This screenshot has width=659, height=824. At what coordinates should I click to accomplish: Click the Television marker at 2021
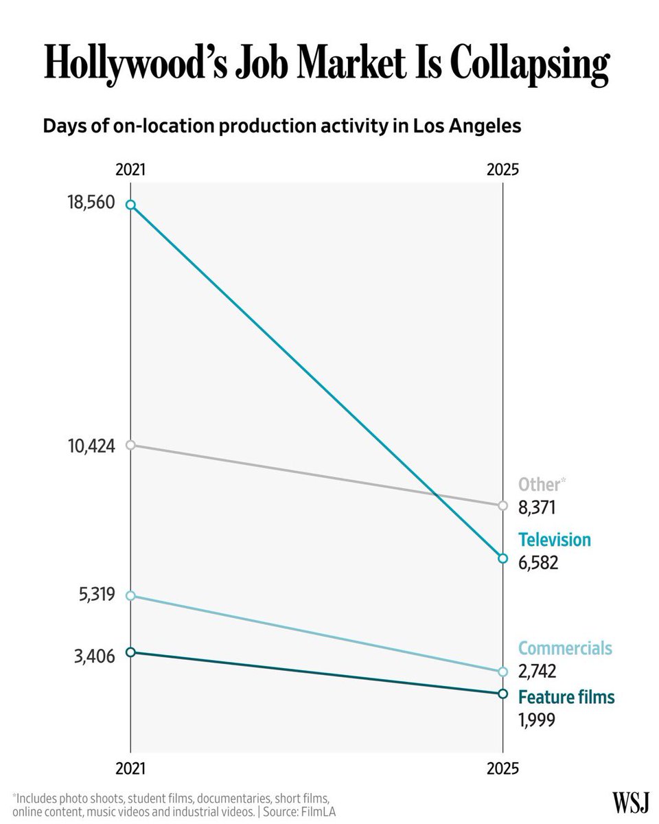point(130,205)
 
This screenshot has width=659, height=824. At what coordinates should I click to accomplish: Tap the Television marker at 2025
point(502,558)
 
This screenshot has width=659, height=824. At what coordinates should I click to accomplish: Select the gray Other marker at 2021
point(130,445)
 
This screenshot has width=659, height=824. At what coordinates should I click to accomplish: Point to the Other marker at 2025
point(502,505)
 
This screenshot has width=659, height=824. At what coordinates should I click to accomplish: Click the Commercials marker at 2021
point(130,595)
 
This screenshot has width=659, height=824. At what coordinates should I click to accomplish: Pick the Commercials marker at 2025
point(502,672)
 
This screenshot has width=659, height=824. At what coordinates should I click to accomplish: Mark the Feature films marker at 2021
point(130,652)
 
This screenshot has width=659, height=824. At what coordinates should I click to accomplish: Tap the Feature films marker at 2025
point(502,694)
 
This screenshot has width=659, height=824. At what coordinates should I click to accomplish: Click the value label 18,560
point(91,202)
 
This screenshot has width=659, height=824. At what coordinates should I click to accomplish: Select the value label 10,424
point(91,446)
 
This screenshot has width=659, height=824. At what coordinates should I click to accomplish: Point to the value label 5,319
point(97,594)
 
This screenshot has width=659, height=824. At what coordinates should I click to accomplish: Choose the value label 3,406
point(94,656)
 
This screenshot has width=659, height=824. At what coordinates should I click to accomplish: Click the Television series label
point(555,540)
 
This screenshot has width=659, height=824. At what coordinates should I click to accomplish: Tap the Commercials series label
point(565,648)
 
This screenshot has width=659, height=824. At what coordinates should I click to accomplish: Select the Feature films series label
point(566,697)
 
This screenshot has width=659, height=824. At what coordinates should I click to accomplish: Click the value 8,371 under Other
point(537,508)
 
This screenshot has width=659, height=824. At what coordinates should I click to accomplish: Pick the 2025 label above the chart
point(502,169)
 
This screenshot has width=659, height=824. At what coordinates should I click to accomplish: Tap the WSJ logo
point(630,803)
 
